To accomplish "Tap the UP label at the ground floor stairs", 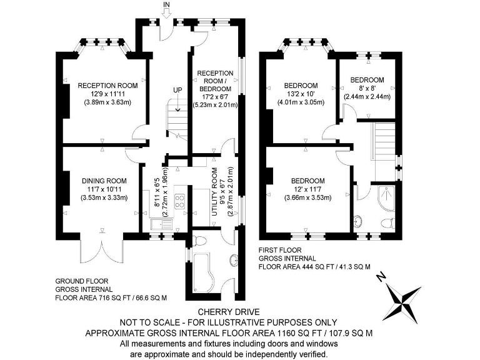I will pos(177,91).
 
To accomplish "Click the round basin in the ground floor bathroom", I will pos(233,260).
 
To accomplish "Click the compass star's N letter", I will pos(382,279).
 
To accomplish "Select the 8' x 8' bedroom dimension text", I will pos(367,88).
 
